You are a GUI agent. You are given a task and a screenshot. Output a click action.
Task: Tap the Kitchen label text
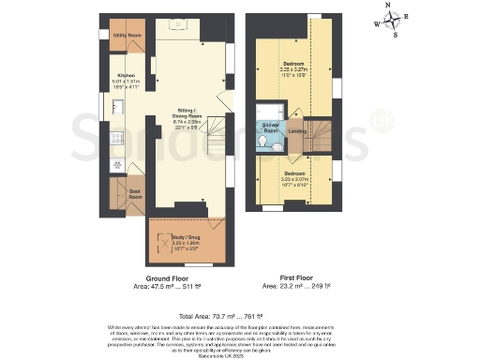[127, 76]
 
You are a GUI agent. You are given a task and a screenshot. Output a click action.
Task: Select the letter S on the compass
[396, 37]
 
